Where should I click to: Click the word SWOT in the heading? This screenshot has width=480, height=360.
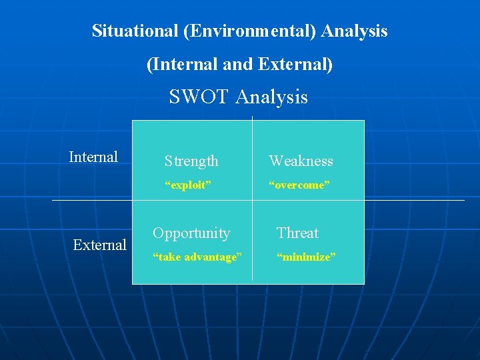(199, 97)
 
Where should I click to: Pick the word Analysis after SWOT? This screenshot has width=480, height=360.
(271, 97)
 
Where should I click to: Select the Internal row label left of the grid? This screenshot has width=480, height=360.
(93, 157)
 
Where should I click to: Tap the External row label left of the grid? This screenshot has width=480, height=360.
(99, 245)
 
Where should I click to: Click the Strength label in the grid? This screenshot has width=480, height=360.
(191, 161)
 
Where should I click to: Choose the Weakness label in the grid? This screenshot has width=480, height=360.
(301, 161)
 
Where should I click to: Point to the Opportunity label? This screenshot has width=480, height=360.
(191, 233)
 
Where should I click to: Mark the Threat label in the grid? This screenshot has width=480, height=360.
(297, 233)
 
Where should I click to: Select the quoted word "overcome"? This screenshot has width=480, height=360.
(299, 185)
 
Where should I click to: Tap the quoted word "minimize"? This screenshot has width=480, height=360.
(305, 257)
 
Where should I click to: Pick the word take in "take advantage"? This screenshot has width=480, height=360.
(166, 257)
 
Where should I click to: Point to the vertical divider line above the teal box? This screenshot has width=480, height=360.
(252, 118)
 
